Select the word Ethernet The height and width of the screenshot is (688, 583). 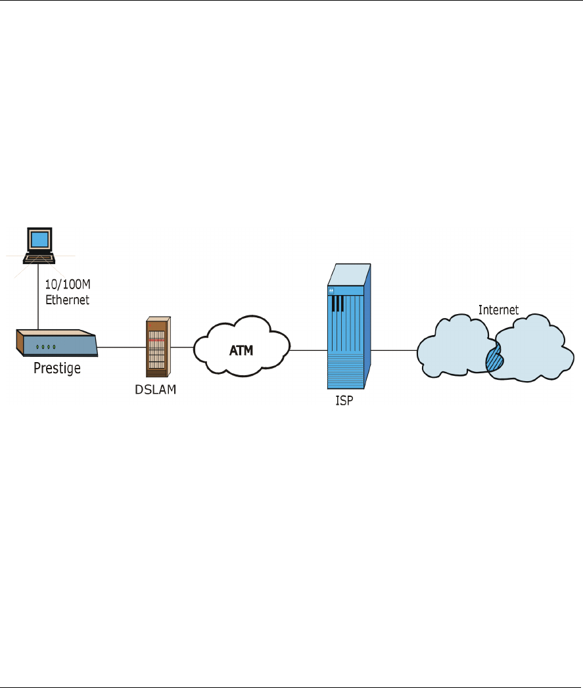click(x=66, y=300)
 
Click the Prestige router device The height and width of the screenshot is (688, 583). click(x=57, y=343)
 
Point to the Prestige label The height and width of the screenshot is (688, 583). click(x=57, y=368)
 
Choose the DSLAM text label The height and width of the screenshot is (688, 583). click(x=155, y=389)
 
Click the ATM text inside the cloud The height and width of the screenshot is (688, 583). click(x=241, y=351)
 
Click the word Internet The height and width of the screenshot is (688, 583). click(x=498, y=310)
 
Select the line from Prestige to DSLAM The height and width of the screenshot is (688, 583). click(x=122, y=346)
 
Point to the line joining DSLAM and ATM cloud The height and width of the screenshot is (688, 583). click(x=182, y=346)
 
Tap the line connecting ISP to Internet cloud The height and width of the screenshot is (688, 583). click(x=394, y=350)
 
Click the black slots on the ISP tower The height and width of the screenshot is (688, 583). click(x=338, y=303)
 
